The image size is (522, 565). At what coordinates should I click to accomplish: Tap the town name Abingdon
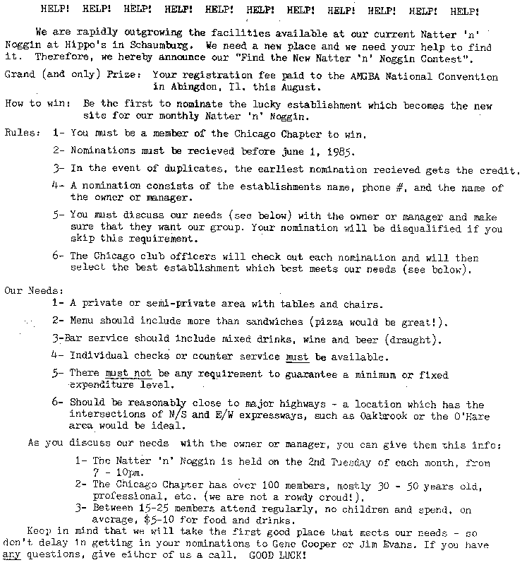point(188,88)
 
